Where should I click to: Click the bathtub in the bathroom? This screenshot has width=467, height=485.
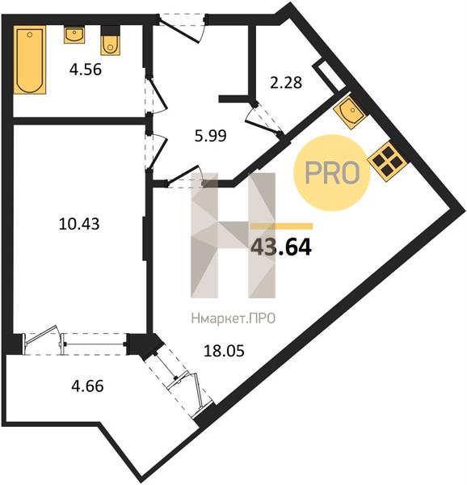click(x=30, y=60)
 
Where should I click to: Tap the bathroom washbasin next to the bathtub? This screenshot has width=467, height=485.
click(x=74, y=35)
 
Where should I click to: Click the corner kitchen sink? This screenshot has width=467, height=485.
click(x=350, y=112)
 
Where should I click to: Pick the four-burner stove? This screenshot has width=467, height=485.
click(x=387, y=162)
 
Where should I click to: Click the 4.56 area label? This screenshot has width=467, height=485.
click(x=86, y=70)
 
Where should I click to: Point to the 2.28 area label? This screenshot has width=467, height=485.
click(x=286, y=82)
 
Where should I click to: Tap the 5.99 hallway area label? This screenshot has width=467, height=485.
click(x=211, y=136)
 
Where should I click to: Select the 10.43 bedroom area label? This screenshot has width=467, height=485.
click(x=79, y=224)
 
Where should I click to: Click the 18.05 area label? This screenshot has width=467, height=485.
click(x=225, y=351)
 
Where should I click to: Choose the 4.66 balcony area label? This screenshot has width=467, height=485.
click(x=87, y=386)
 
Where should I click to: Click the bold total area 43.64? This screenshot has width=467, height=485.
click(x=281, y=247)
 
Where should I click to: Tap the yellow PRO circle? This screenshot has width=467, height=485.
click(x=331, y=173)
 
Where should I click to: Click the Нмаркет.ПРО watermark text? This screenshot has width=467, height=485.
click(x=234, y=318)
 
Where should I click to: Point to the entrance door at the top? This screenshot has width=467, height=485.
click(x=183, y=27)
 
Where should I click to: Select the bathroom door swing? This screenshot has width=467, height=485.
click(x=156, y=96)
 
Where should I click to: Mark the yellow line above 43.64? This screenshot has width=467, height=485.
click(x=281, y=226)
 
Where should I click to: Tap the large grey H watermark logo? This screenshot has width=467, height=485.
click(x=233, y=235)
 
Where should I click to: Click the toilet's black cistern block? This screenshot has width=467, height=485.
click(x=110, y=31)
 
